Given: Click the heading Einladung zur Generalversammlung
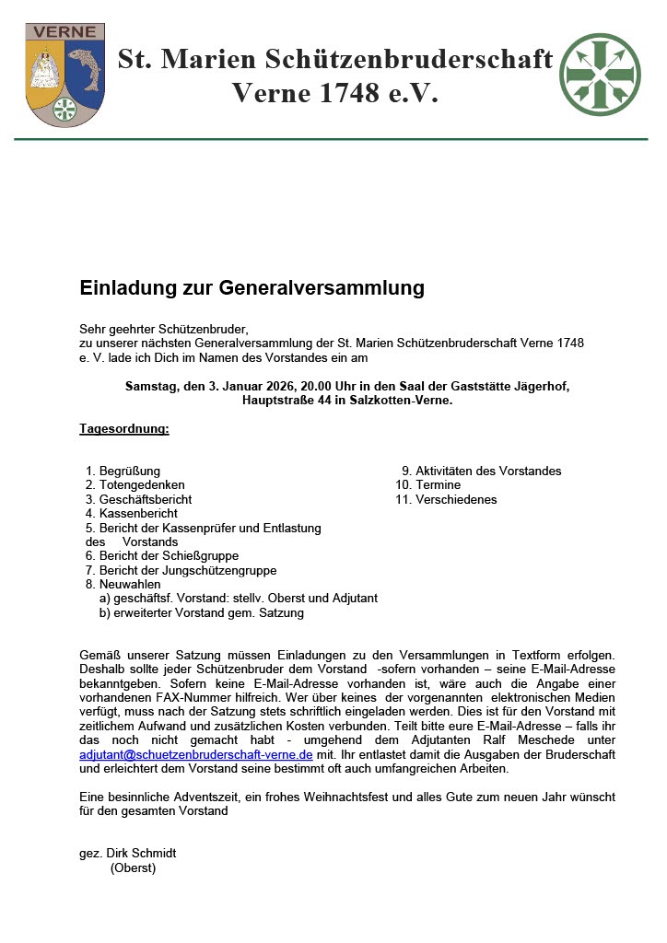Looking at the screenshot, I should (252, 288).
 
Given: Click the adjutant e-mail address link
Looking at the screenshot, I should (196, 754).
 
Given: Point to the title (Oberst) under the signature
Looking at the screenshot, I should (133, 868).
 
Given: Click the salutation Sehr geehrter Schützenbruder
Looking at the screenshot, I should (165, 328).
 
